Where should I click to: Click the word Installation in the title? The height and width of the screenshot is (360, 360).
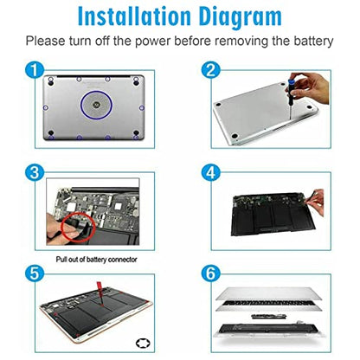pyautogui.click(x=134, y=16)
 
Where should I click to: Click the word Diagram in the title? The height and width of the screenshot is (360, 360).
pyautogui.click(x=241, y=17)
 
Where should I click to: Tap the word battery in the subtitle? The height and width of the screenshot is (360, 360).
pyautogui.click(x=313, y=41)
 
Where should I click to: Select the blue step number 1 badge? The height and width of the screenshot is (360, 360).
pyautogui.click(x=35, y=70)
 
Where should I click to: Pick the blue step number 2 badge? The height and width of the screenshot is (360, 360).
pyautogui.click(x=211, y=70)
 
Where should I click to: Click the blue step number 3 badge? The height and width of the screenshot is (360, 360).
pyautogui.click(x=35, y=173)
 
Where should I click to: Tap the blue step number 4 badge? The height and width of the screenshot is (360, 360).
pyautogui.click(x=211, y=173)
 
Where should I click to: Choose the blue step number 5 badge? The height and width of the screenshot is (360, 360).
pyautogui.click(x=35, y=273)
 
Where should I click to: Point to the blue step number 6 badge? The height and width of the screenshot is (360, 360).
pyautogui.click(x=211, y=273)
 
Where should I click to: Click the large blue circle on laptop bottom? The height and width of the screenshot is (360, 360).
pyautogui.click(x=96, y=91)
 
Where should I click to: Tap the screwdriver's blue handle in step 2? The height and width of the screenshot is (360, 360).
pyautogui.click(x=291, y=83)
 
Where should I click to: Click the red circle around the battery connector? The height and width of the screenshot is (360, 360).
pyautogui.click(x=62, y=227)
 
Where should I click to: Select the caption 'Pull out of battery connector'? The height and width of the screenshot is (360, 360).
pyautogui.click(x=96, y=260)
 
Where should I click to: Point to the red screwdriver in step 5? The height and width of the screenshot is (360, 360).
pyautogui.click(x=100, y=293)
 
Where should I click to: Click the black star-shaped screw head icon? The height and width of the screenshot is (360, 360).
pyautogui.click(x=144, y=344)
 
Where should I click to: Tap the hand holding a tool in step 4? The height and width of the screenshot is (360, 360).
pyautogui.click(x=316, y=202)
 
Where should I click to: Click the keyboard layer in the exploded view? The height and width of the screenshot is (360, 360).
pyautogui.click(x=269, y=304)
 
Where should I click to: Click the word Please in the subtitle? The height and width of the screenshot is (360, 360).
pyautogui.click(x=46, y=41)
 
